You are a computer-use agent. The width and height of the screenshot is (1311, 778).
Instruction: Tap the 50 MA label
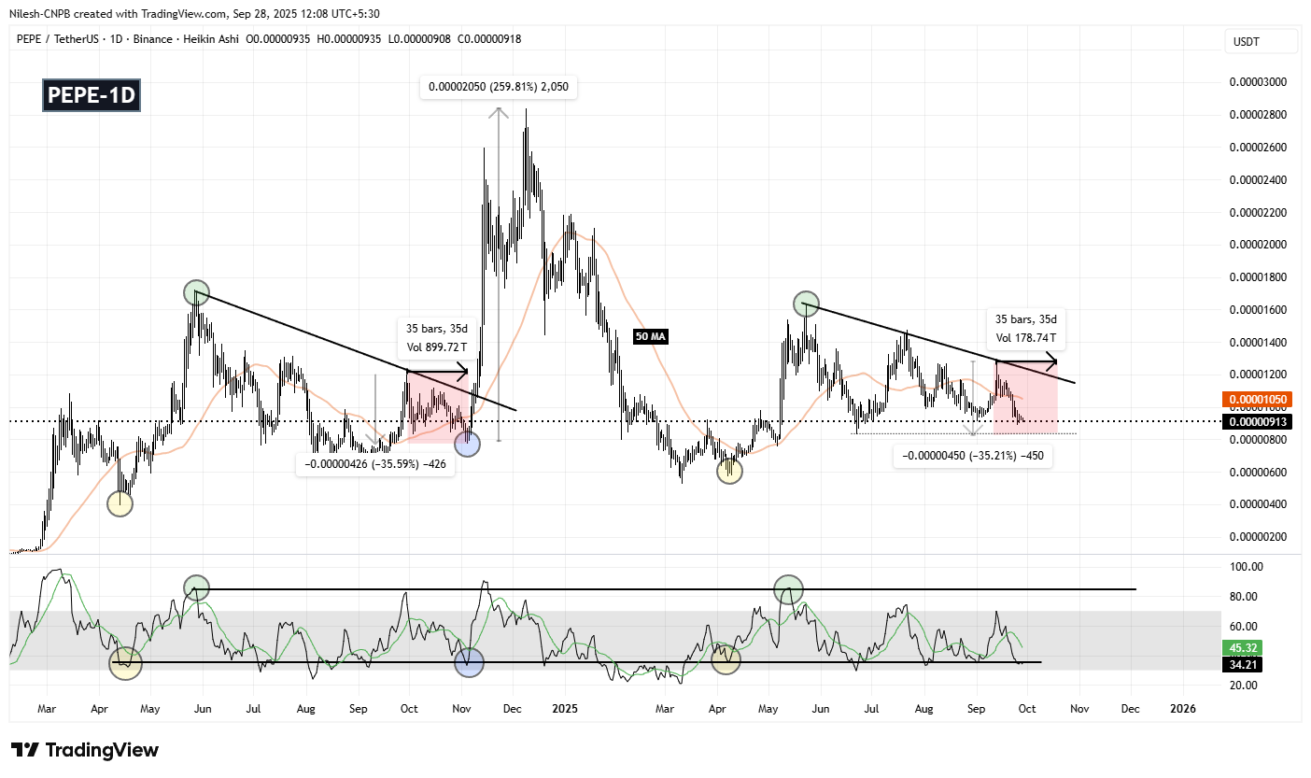(651, 336)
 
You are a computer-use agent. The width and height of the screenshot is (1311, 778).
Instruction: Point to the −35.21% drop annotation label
(972, 457)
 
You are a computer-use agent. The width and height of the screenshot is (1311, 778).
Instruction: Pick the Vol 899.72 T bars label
(436, 337)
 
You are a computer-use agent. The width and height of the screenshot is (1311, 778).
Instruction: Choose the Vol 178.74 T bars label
(1023, 328)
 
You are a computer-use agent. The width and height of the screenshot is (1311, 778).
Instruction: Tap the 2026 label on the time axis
(1181, 709)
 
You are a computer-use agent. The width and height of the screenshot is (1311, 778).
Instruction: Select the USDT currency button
(1261, 41)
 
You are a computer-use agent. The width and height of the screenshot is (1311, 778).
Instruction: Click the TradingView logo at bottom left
(85, 750)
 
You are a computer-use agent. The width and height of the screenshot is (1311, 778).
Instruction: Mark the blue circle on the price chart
(467, 445)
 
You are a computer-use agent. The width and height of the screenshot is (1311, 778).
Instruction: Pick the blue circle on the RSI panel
(469, 662)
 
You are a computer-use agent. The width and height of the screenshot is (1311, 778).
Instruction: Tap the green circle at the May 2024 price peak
(195, 292)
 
